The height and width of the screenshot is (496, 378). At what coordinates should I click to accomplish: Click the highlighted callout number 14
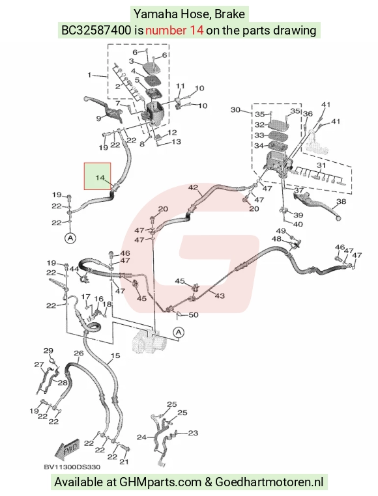(x=100, y=178)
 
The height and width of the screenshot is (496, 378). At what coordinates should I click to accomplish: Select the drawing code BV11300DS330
(x=72, y=467)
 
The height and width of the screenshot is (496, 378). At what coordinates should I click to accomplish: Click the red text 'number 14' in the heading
(x=174, y=31)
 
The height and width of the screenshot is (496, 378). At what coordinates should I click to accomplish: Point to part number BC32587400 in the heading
(x=96, y=31)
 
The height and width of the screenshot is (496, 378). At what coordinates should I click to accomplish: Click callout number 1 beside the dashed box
(x=89, y=75)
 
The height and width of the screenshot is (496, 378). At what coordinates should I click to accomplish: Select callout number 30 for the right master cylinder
(x=235, y=110)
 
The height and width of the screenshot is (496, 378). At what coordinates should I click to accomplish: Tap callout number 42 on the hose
(x=193, y=187)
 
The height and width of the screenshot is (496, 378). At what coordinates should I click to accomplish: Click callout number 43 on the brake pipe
(x=220, y=296)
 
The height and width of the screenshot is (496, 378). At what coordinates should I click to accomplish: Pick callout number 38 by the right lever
(x=342, y=202)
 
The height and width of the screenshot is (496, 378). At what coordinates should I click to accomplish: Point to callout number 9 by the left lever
(x=98, y=118)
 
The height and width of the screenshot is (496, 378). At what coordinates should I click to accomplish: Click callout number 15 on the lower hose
(x=115, y=355)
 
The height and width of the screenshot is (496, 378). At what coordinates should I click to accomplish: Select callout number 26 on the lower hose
(x=79, y=353)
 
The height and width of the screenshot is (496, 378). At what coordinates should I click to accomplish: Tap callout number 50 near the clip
(x=194, y=315)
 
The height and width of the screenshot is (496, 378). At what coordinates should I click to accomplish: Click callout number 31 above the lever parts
(x=321, y=165)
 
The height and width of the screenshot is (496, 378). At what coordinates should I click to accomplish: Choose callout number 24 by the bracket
(x=141, y=437)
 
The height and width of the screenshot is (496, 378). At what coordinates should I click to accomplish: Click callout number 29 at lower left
(x=48, y=350)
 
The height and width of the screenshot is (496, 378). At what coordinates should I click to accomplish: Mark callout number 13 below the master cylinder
(x=176, y=141)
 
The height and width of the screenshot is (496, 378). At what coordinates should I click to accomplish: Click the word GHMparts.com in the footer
(x=160, y=482)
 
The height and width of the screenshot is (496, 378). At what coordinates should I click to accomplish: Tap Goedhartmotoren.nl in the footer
(x=269, y=482)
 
